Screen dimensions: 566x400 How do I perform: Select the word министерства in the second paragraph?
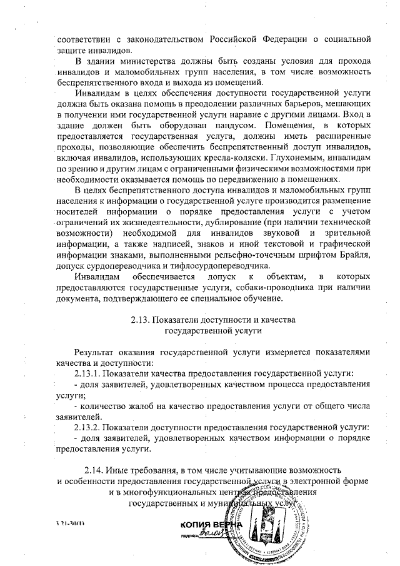[x=146, y=61]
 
